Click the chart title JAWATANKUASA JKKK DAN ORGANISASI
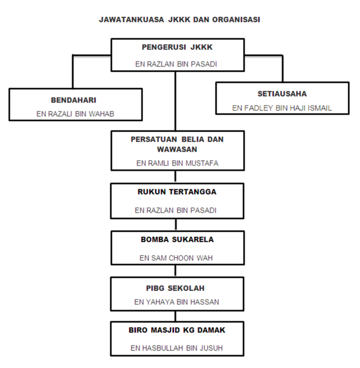180,20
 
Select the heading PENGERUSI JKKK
177,47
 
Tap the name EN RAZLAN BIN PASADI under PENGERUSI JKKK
176,64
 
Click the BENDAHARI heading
74,100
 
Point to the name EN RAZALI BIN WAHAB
75,114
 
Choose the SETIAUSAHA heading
282,94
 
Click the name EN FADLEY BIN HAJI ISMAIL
282,108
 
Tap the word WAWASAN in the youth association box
177,150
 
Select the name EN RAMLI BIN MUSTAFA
177,163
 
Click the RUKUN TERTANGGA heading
177,192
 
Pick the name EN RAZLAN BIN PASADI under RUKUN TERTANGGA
175,210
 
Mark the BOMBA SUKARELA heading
177,240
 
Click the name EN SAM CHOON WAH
176,258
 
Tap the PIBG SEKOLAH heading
175,288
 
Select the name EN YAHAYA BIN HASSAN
176,302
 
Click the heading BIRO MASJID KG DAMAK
177,330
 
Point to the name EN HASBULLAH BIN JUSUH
176,348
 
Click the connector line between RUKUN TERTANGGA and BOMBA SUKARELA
176,225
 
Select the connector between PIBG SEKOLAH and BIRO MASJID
175,316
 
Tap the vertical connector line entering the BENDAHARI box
73,72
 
